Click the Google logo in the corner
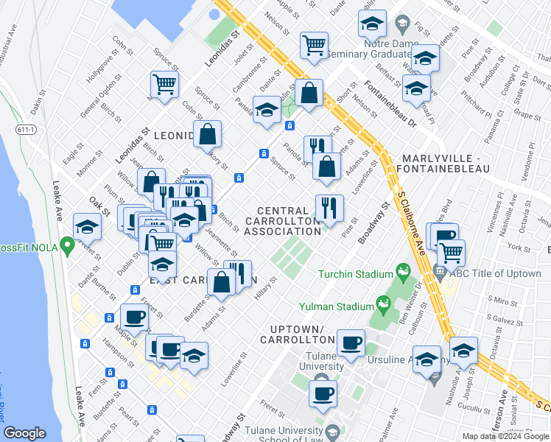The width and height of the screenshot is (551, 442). click(x=25, y=433)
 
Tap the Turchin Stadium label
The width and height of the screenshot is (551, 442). click(x=356, y=275)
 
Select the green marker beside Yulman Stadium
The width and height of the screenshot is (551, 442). click(x=382, y=303)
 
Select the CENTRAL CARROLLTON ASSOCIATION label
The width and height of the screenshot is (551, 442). click(x=283, y=221)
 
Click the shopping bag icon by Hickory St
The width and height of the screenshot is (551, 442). click(x=208, y=133)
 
